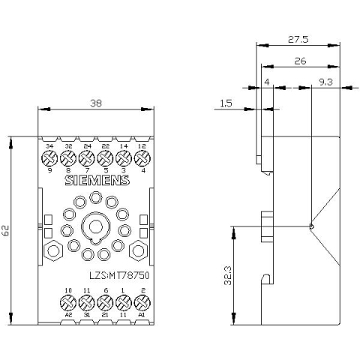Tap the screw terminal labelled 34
[49, 158]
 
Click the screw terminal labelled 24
[85, 158]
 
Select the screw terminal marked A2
[67, 303]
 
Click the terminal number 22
[104, 146]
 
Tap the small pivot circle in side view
[310, 225]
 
